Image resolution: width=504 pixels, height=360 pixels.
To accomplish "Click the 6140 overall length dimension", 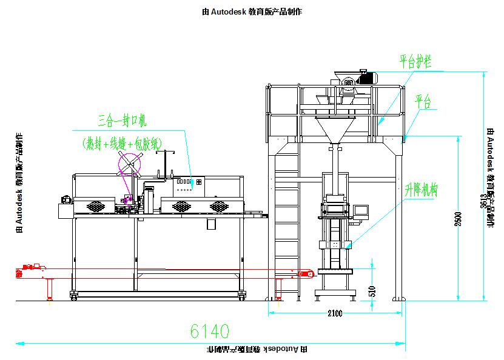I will point(209,331).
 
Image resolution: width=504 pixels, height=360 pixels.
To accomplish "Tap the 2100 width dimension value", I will point(335,313).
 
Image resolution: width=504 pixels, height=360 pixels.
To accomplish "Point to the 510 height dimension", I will point(373,290).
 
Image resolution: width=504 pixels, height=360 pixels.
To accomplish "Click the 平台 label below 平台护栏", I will point(423,101).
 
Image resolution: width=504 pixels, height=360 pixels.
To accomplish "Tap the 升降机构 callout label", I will point(421,190).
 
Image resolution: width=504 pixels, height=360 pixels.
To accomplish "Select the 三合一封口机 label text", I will point(122,119).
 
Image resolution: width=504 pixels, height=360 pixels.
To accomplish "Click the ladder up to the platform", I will point(287,224).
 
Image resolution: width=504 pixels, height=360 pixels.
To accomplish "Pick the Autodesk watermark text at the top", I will point(252,12).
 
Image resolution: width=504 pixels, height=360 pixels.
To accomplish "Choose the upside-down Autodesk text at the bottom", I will point(257,350).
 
